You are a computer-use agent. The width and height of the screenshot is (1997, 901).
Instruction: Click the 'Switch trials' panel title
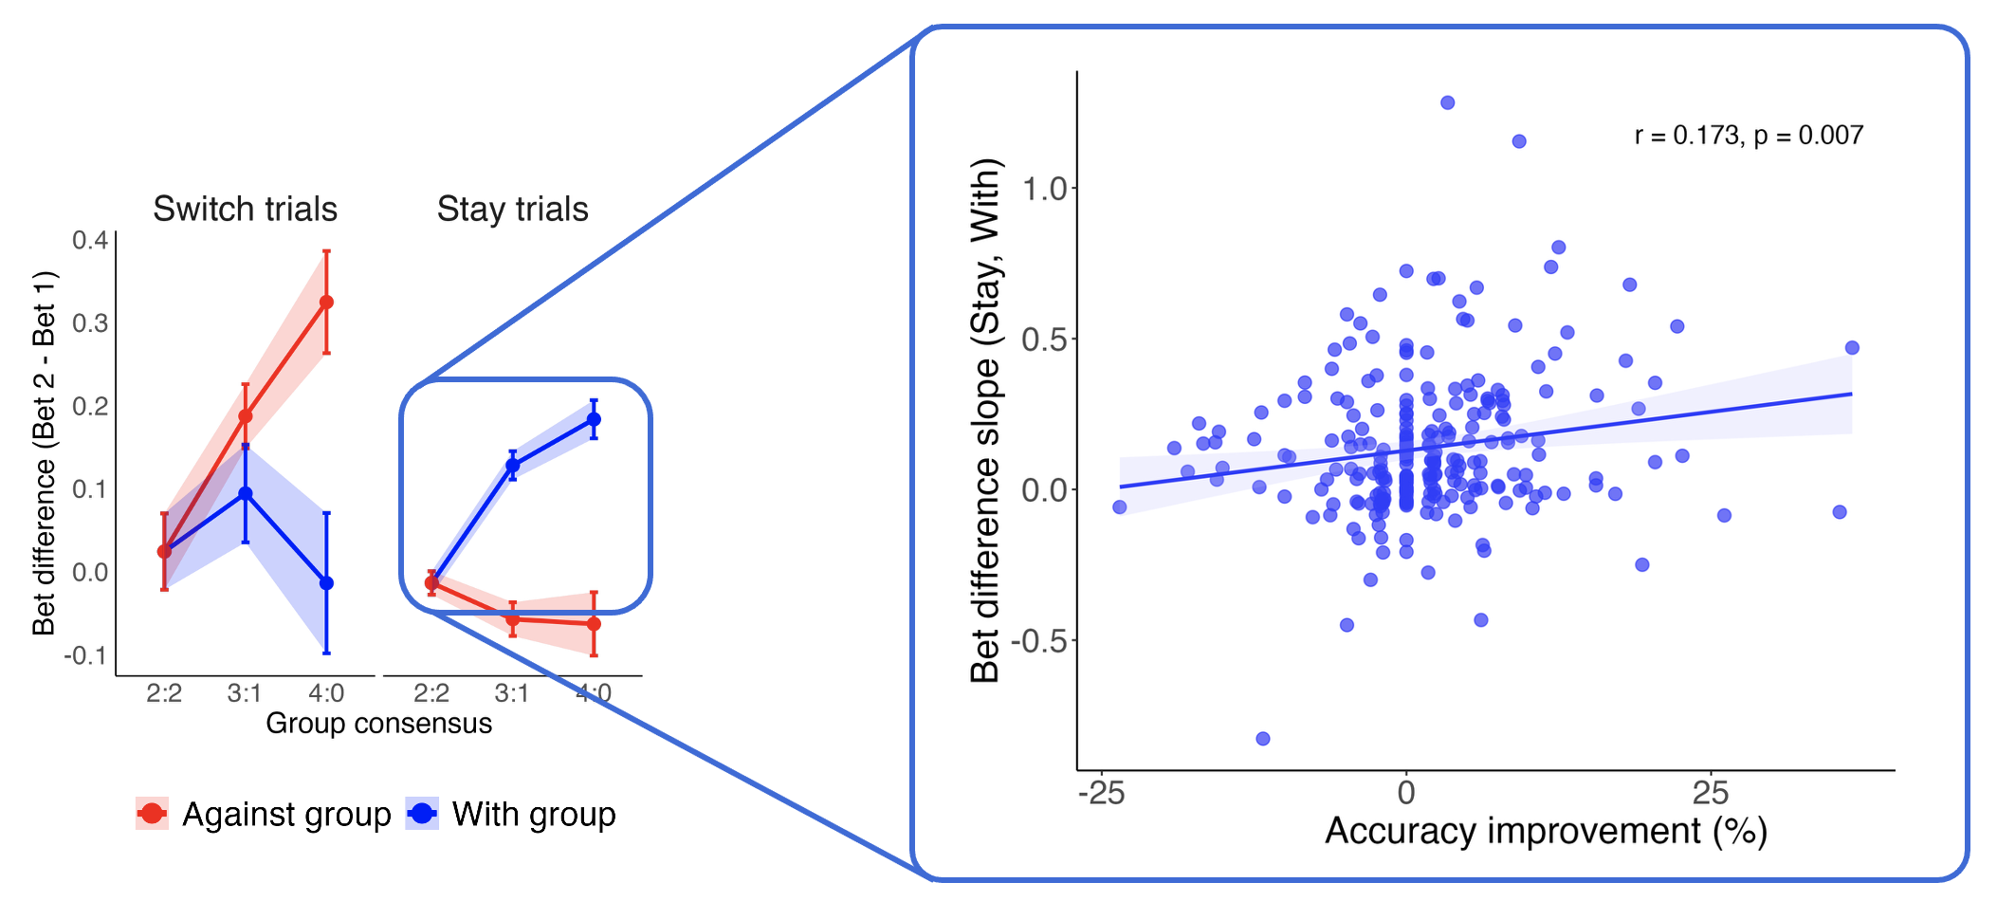pos(245,209)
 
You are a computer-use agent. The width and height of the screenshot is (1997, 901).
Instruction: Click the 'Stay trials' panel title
pos(512,209)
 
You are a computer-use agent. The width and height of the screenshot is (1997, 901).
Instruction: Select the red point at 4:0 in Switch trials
pos(326,303)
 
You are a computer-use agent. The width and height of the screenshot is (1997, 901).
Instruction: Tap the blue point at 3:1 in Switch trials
pos(246,493)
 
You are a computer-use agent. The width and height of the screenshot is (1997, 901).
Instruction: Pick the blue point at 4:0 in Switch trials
pos(326,583)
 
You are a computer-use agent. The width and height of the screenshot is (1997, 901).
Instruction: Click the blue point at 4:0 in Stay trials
pos(594,419)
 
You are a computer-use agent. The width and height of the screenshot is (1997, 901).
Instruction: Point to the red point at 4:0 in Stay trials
pos(594,624)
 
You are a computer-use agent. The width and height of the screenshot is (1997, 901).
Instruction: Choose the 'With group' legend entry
pos(512,814)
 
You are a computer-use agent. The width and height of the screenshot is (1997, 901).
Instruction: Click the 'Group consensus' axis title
pos(378,724)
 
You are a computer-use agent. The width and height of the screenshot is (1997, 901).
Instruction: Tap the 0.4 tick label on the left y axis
pos(90,240)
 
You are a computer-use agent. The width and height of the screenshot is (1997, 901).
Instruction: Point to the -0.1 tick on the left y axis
pos(85,655)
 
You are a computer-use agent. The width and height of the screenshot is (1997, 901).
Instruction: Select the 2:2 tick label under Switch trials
pos(164,693)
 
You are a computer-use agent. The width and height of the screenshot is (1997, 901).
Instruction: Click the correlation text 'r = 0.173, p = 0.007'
pos(1749,136)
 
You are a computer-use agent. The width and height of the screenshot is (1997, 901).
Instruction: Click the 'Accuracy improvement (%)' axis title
pos(1546,831)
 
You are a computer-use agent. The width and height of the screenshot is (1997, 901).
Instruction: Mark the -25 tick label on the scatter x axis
pos(1101,793)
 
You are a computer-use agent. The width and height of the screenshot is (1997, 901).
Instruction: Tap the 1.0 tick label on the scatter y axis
pos(1045,189)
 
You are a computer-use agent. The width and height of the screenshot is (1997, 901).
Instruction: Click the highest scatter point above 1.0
pos(1447,102)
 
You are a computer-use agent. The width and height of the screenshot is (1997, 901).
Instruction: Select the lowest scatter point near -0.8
pos(1262,739)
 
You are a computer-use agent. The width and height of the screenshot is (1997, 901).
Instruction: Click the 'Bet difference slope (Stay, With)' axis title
pos(986,420)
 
